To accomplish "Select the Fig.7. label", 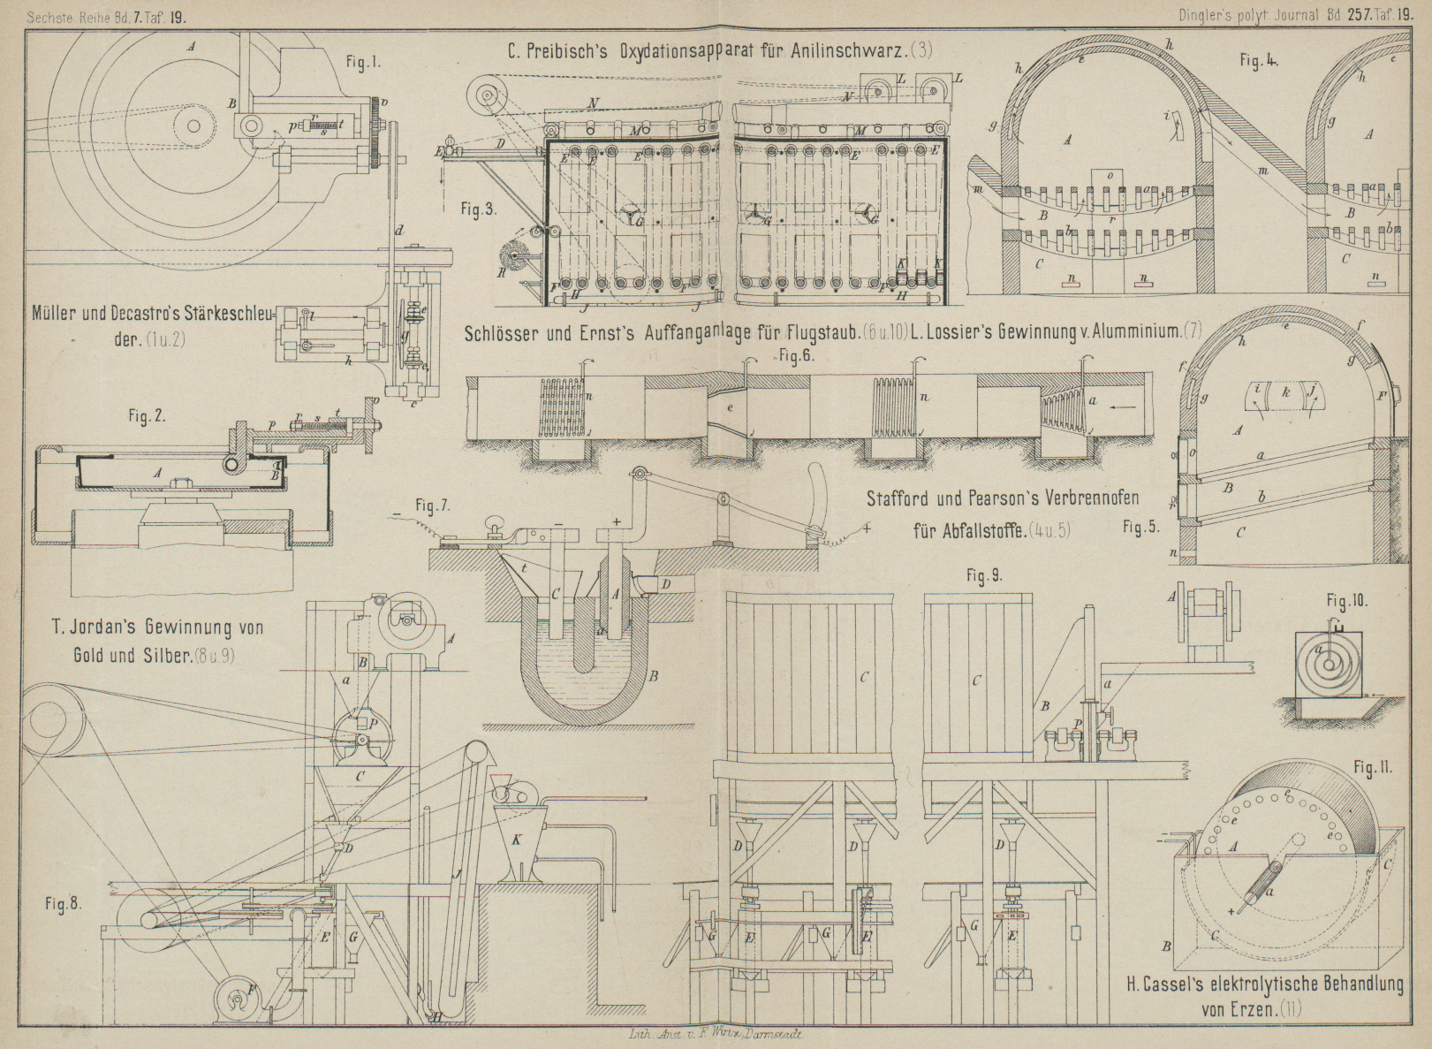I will (x=433, y=506).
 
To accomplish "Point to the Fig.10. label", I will (x=1347, y=601).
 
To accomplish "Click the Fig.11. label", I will (x=1373, y=768).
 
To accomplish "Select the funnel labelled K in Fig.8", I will (x=518, y=840).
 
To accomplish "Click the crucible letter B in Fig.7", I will (x=655, y=677).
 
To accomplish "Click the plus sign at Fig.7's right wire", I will (x=868, y=528).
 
